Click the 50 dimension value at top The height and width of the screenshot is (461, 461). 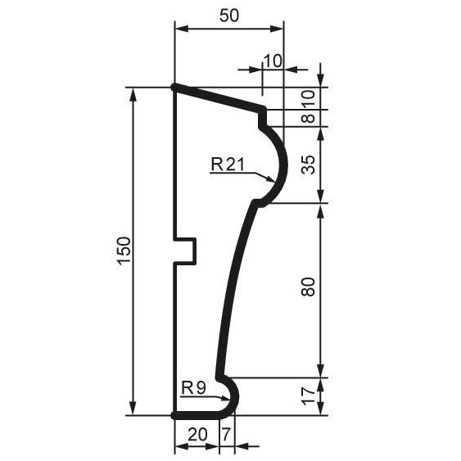(229, 16)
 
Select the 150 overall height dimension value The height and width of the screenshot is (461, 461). (124, 251)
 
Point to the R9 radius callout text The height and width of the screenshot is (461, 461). (193, 388)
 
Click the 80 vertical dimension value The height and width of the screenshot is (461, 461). (308, 286)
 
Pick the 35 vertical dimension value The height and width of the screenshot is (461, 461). (308, 165)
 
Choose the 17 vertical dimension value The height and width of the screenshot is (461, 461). (308, 396)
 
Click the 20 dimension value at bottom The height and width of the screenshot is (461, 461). (197, 435)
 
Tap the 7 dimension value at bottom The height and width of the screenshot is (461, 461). (226, 435)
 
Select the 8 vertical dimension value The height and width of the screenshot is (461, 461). (308, 118)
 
